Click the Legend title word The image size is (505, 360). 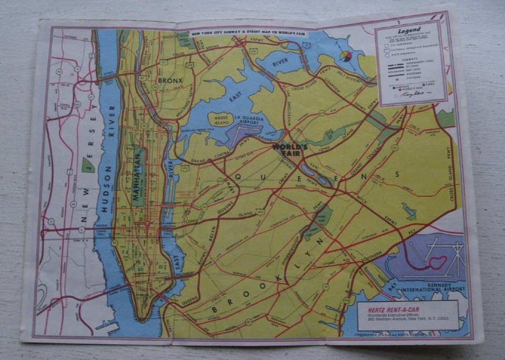click(409, 31)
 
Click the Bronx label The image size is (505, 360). click(170, 81)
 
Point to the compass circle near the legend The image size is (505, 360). click(345, 56)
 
